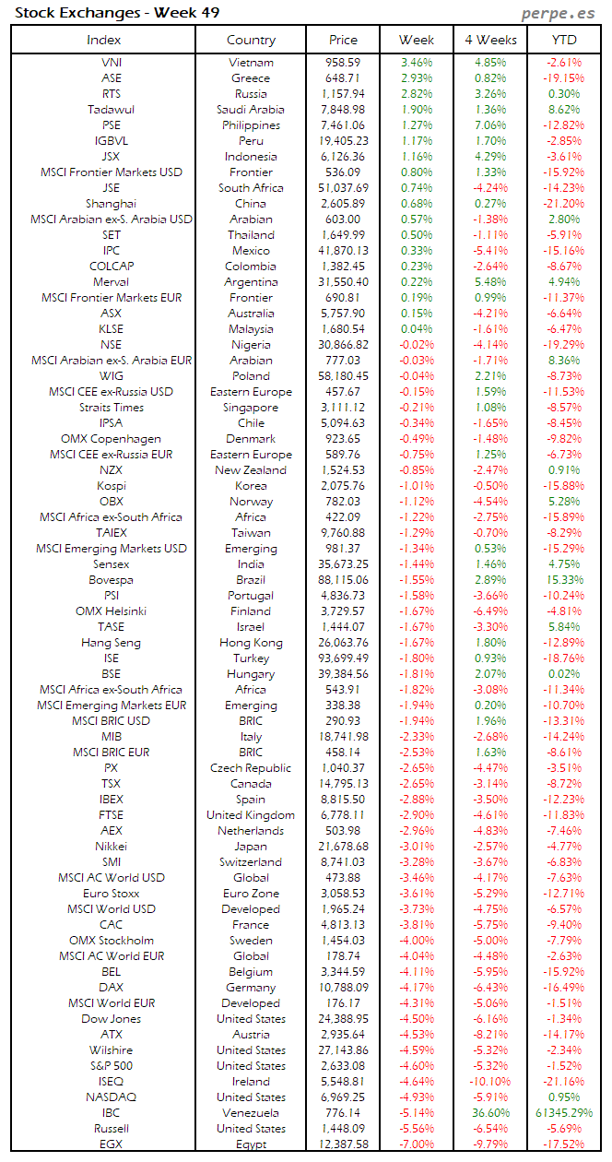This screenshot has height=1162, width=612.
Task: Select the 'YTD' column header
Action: tap(563, 40)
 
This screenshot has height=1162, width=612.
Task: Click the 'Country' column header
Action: tap(251, 40)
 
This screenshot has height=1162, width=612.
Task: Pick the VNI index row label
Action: tap(112, 63)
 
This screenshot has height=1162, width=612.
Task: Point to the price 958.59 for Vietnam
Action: tap(343, 63)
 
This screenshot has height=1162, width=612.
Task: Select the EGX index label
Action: tap(112, 1144)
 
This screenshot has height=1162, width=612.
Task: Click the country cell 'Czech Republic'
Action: tap(251, 768)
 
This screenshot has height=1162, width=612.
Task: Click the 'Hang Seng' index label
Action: tap(112, 643)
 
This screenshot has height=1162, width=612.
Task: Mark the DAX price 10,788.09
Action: tap(343, 988)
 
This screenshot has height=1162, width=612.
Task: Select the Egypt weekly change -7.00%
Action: tap(417, 1144)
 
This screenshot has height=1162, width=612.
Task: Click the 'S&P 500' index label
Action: tap(112, 1066)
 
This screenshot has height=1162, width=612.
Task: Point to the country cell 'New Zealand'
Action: tap(251, 470)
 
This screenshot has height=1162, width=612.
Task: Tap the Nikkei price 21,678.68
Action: tap(343, 847)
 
